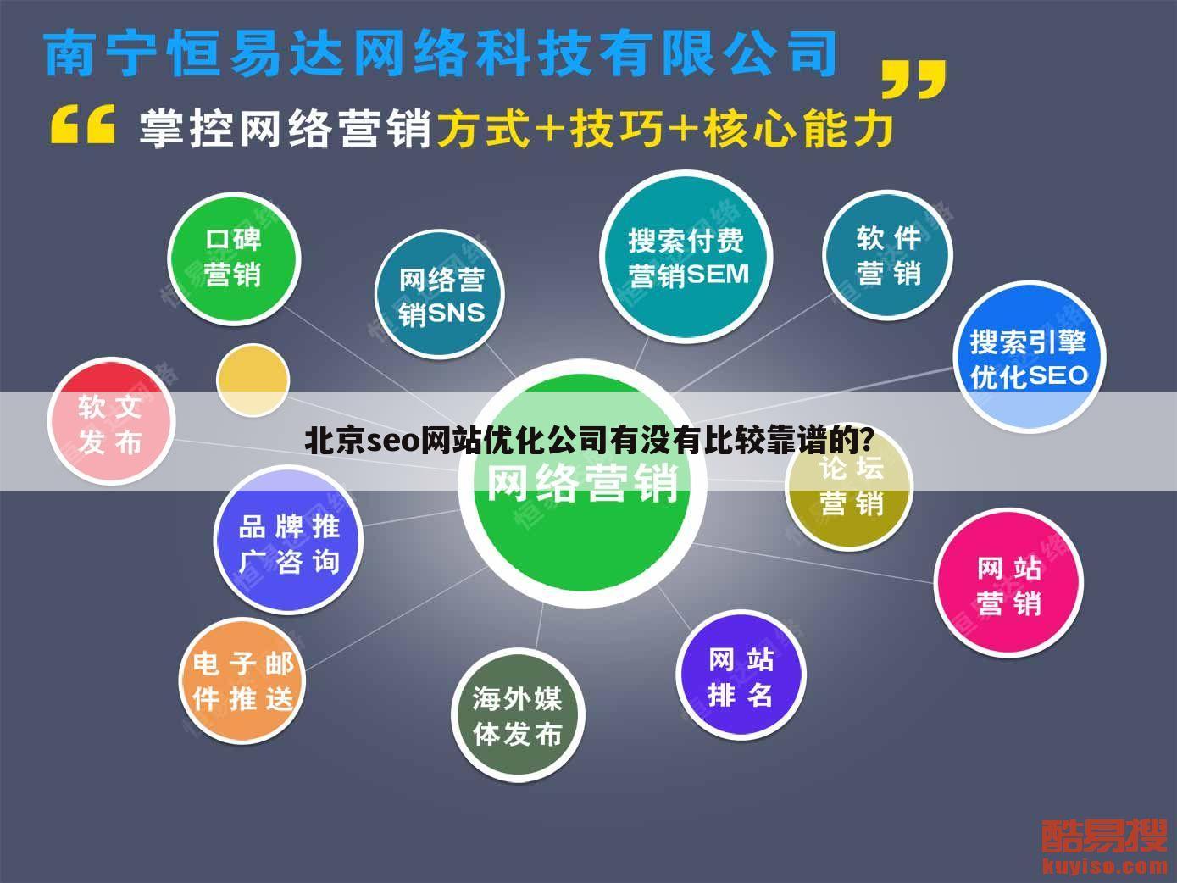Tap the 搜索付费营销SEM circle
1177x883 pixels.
[x=687, y=257]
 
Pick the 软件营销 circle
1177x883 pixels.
[x=887, y=255]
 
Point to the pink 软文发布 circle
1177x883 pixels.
[x=111, y=423]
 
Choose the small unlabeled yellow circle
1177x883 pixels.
[x=253, y=379]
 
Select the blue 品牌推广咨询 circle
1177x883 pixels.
[x=288, y=543]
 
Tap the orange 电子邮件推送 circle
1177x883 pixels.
[x=242, y=681]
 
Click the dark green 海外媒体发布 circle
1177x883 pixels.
[x=518, y=716]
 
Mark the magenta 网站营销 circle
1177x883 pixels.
[x=1008, y=585]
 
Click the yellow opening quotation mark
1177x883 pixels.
[x=82, y=125]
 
